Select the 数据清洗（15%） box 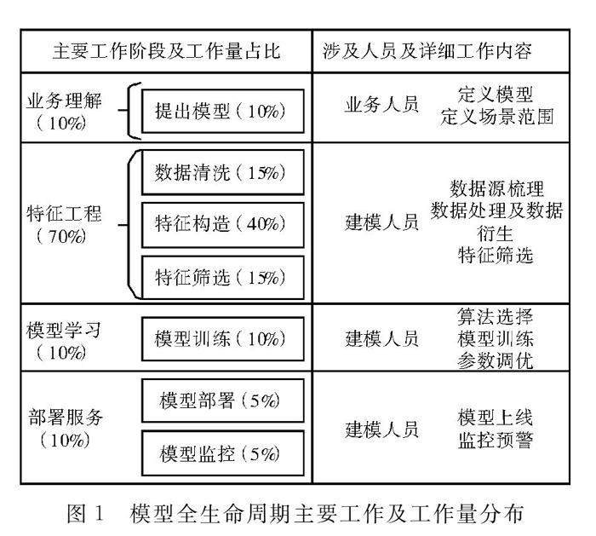(221, 173)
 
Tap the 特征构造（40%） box (221, 224)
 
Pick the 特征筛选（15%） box (221, 277)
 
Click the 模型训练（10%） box (221, 338)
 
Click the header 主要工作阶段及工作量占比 (167, 51)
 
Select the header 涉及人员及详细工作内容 (428, 51)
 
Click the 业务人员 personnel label (381, 106)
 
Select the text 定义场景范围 (497, 116)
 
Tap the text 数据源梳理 (497, 188)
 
